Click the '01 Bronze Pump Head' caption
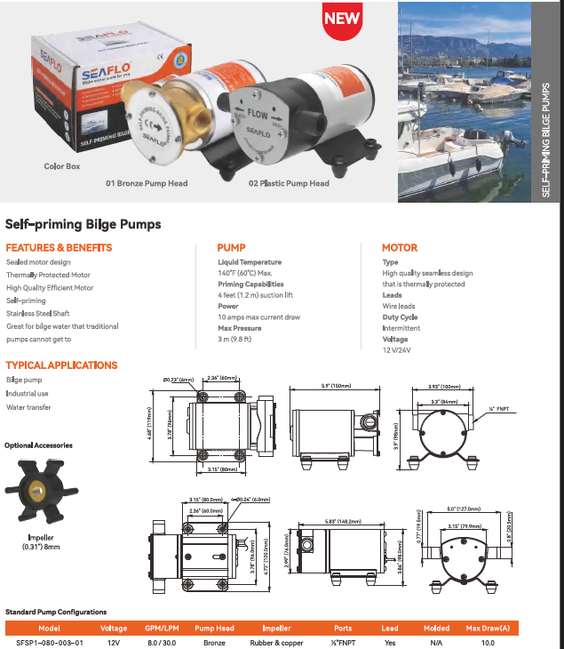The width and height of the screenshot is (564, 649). [147, 184]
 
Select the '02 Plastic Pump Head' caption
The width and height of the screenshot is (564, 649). [289, 184]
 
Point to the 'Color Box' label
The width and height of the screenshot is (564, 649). [62, 166]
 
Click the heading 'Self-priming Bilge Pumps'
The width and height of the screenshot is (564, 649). [83, 225]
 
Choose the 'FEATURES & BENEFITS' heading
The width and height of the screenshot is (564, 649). [59, 248]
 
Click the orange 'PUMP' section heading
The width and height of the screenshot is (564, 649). [231, 248]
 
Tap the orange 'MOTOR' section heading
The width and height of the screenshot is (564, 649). [399, 248]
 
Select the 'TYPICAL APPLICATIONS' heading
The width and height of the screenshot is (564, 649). [61, 365]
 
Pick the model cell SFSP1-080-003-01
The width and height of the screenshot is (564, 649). [51, 642]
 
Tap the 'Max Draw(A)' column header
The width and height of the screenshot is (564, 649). [488, 628]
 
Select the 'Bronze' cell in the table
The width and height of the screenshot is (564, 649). [213, 642]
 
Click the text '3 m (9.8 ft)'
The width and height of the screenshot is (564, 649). [235, 339]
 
